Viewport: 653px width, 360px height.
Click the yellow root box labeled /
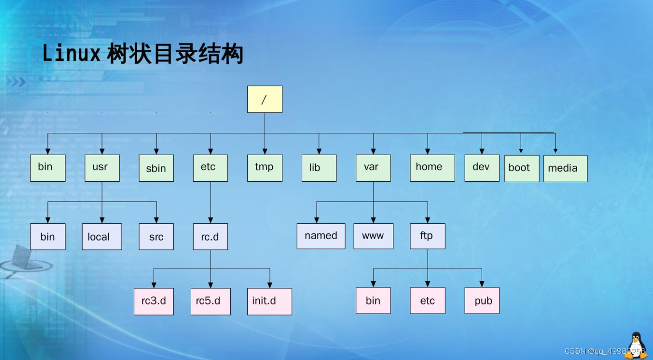265,99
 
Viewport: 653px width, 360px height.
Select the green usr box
102,168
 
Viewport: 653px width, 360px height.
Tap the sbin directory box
156,168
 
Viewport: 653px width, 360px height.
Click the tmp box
265,168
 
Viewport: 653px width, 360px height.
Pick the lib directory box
319,168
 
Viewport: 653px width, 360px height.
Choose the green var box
373,168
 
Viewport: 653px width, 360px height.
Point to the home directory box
432,168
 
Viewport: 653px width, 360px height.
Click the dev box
482,168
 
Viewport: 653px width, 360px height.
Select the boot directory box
521,168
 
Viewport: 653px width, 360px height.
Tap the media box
565,168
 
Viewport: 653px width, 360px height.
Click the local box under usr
102,237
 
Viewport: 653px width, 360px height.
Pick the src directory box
156,237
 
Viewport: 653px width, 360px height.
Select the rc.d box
210,237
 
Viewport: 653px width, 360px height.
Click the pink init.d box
270,302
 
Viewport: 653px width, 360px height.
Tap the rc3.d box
154,302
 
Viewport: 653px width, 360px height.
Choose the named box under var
321,236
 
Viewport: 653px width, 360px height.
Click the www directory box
373,236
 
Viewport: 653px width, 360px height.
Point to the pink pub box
482,300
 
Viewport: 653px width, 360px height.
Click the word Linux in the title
71,54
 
